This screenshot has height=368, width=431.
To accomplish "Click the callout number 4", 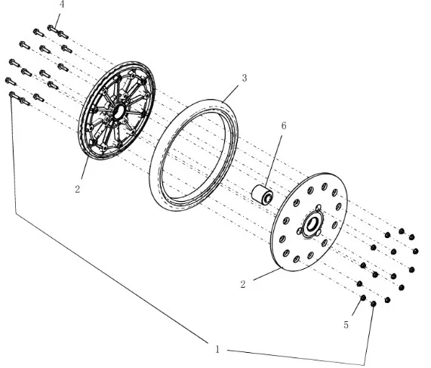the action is pyautogui.click(x=62, y=5).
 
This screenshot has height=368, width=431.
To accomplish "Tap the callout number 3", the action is pyautogui.click(x=245, y=78).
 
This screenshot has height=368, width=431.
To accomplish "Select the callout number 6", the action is pyautogui.click(x=284, y=125).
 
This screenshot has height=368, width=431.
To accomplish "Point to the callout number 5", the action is pyautogui.click(x=346, y=325).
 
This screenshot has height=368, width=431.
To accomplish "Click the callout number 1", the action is pyautogui.click(x=217, y=349).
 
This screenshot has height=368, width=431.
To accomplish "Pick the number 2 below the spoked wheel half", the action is pyautogui.click(x=78, y=189).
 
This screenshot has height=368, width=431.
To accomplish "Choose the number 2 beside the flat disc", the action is pyautogui.click(x=243, y=285).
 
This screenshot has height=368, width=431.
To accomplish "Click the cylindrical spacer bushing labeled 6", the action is pyautogui.click(x=262, y=195).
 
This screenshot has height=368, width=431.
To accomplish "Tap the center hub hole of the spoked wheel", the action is pyautogui.click(x=119, y=111).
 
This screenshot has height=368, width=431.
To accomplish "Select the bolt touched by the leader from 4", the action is pyautogui.click(x=53, y=29).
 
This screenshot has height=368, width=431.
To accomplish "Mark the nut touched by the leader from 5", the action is pyautogui.click(x=363, y=298).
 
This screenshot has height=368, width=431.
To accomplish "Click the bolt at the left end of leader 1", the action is pyautogui.click(x=14, y=95).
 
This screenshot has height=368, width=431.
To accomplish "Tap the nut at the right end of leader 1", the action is pyautogui.click(x=374, y=304).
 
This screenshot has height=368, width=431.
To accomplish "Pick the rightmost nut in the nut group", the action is pyautogui.click(x=416, y=251).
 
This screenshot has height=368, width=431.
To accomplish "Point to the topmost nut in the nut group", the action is pyautogui.click(x=402, y=231).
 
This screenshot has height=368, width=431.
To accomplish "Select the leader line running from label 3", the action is pyautogui.click(x=230, y=94).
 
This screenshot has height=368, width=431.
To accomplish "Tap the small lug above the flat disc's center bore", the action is pyautogui.click(x=319, y=207).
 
